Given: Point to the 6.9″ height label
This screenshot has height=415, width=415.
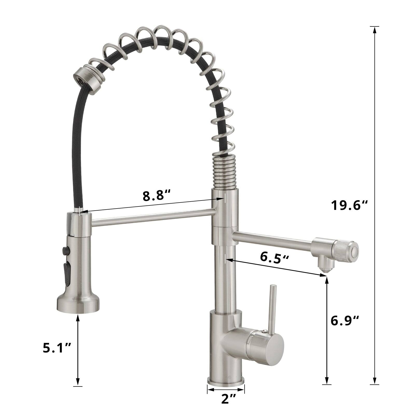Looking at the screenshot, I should coord(345,321).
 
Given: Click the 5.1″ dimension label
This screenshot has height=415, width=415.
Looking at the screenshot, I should coord(57,348).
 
